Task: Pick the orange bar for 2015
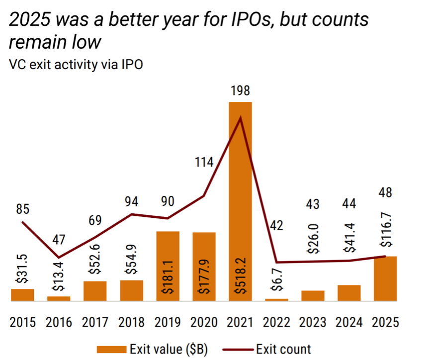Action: [x=22, y=295]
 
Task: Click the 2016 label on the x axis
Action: [x=59, y=322]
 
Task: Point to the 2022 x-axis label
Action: [x=276, y=322]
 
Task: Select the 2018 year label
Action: [x=131, y=322]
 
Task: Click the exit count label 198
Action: [x=240, y=91]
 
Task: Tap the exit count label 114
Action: [x=204, y=162]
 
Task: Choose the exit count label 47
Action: [x=59, y=240]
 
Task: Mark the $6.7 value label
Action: [x=276, y=281]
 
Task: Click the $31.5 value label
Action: [x=22, y=269]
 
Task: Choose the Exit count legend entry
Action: [x=283, y=349]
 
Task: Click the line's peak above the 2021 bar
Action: [x=241, y=118]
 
